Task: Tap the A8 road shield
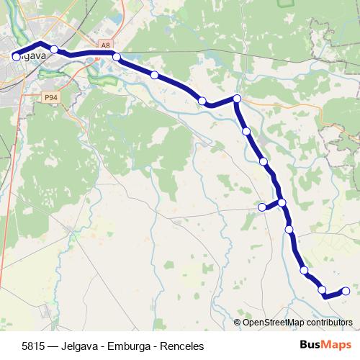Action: pyautogui.click(x=106, y=45)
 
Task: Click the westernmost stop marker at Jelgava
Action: pyautogui.click(x=16, y=55)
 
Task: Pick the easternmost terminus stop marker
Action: pyautogui.click(x=346, y=291)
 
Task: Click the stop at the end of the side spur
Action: pyautogui.click(x=262, y=207)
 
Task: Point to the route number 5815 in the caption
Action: pyautogui.click(x=34, y=346)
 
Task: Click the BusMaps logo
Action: pyautogui.click(x=325, y=345)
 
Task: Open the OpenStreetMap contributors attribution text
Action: pyautogui.click(x=297, y=322)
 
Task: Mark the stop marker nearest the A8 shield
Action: pyautogui.click(x=116, y=56)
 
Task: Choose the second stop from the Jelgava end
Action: pyautogui.click(x=54, y=49)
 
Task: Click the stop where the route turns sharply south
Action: pyautogui.click(x=236, y=99)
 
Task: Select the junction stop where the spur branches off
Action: pyautogui.click(x=282, y=202)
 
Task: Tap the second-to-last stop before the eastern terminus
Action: pyautogui.click(x=323, y=289)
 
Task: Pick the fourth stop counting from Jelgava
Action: pyautogui.click(x=155, y=74)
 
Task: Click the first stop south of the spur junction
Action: pyautogui.click(x=289, y=230)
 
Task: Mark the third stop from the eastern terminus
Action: pyautogui.click(x=304, y=271)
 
